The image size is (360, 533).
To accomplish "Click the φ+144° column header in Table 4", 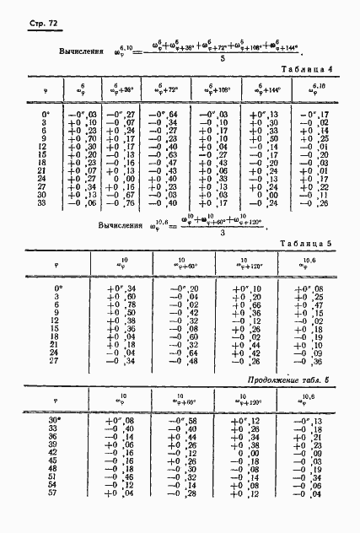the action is click(x=264, y=88).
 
